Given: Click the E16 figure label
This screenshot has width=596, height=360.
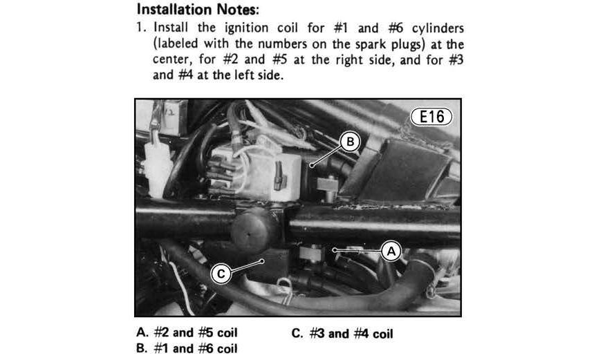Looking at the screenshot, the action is pyautogui.click(x=431, y=117).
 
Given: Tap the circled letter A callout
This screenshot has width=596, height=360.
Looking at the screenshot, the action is pyautogui.click(x=391, y=251).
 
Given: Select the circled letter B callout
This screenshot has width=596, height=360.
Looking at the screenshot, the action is pyautogui.click(x=350, y=142).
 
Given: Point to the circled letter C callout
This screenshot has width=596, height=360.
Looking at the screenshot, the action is pyautogui.click(x=221, y=274).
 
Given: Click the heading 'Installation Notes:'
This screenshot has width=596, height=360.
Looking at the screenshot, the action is pyautogui.click(x=198, y=9).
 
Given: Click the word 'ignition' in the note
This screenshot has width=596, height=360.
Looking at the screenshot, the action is pyautogui.click(x=246, y=28).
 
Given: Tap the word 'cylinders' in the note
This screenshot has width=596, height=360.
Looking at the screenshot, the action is pyautogui.click(x=438, y=28).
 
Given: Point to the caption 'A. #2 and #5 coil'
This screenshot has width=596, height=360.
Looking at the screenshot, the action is pyautogui.click(x=187, y=332).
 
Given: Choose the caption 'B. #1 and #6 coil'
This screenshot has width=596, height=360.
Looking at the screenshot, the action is pyautogui.click(x=187, y=348).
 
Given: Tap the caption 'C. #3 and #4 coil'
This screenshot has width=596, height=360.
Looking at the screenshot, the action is pyautogui.click(x=342, y=334).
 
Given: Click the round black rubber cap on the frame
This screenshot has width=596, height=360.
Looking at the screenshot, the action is pyautogui.click(x=254, y=230).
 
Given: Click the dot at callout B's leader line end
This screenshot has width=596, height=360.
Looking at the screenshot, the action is pyautogui.click(x=311, y=166).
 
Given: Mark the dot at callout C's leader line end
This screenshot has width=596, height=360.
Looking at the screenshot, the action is pyautogui.click(x=262, y=261).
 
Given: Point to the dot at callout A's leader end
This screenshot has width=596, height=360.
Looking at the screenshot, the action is pyautogui.click(x=335, y=249).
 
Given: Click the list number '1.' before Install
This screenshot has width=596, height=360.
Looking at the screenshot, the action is pyautogui.click(x=142, y=28).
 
